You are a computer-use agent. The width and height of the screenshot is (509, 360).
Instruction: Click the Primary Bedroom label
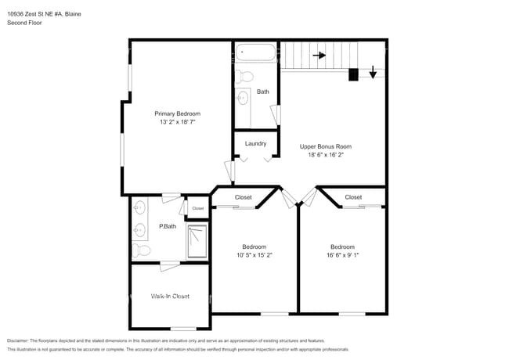click(x=177, y=113)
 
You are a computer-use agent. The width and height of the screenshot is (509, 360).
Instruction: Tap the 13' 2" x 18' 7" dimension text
click(x=177, y=122)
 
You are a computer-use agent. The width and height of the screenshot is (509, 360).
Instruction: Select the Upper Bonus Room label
click(x=325, y=146)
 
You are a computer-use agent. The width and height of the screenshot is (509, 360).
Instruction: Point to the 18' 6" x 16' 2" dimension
click(x=325, y=155)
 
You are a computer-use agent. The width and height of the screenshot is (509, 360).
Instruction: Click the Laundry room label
click(x=255, y=143)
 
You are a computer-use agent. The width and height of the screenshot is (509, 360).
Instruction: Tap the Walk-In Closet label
click(x=170, y=297)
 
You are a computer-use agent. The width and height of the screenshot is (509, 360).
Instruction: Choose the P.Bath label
click(x=166, y=227)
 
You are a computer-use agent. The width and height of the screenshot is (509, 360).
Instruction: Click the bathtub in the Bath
click(x=256, y=53)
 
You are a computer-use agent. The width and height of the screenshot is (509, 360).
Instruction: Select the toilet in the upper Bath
click(x=245, y=77)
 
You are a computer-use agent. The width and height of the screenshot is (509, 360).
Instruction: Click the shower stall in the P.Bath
click(x=197, y=240)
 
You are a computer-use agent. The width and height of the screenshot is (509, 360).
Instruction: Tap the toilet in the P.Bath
click(x=141, y=250)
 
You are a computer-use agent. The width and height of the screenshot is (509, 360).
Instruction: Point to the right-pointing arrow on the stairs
click(x=319, y=56)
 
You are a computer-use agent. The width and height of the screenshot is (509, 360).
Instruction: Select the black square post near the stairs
click(x=353, y=74)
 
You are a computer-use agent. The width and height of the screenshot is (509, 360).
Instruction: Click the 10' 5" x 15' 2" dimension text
click(x=254, y=254)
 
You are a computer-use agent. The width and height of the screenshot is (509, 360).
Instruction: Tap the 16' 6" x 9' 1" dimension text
click(x=342, y=254)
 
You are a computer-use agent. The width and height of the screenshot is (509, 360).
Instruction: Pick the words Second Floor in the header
click(x=24, y=23)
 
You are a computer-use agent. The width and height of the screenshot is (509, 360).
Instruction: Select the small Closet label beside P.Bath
click(x=197, y=208)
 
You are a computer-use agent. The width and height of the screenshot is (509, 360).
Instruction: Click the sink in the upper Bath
click(x=243, y=98)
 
